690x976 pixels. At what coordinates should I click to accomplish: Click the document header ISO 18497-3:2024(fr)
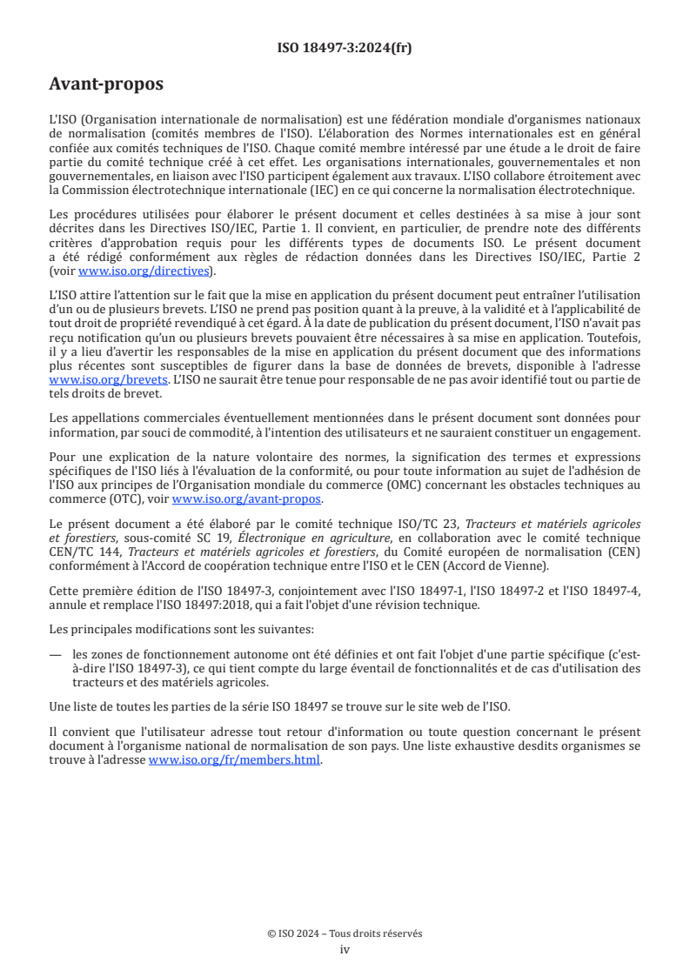(345, 48)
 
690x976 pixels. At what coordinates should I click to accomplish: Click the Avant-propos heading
(106, 84)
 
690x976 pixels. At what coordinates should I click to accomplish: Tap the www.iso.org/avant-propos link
(247, 498)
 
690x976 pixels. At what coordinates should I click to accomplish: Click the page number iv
(345, 950)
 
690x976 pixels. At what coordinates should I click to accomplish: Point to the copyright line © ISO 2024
(345, 933)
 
